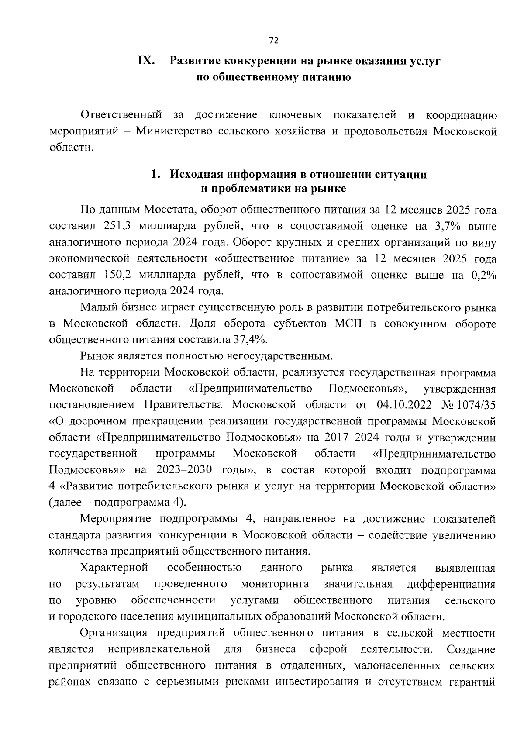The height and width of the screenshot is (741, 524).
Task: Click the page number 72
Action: [274, 41]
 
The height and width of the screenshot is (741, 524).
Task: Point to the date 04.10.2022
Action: [403, 405]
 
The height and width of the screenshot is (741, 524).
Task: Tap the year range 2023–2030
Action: [183, 470]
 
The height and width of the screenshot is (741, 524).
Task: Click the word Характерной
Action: [114, 568]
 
